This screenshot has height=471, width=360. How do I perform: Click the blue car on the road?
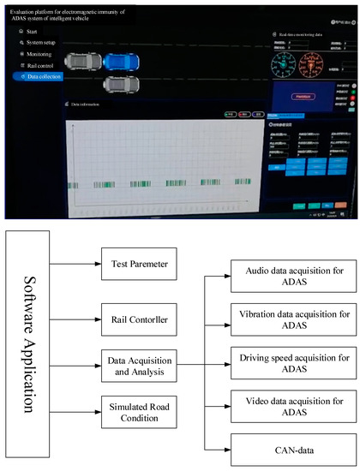(124, 62)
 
